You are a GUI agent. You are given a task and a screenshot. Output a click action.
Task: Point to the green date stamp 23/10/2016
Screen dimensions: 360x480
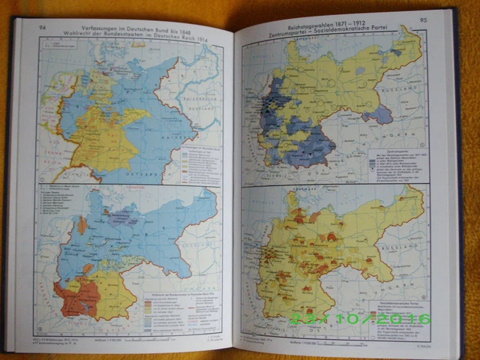point(361,319)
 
